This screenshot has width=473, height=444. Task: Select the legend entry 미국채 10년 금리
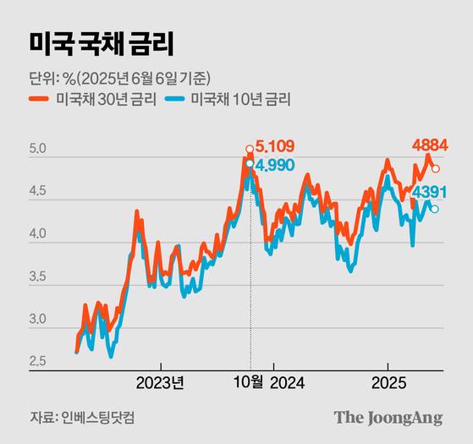241,100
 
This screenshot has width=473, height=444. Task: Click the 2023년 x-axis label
160,381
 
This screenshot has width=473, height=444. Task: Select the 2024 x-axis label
287,381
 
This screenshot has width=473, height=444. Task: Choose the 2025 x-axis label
388,381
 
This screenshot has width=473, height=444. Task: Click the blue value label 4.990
275,164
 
